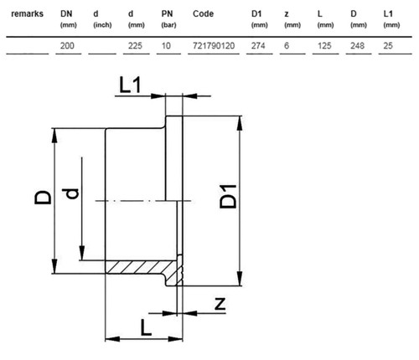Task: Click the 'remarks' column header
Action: click(27, 13)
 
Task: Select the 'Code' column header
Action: click(203, 13)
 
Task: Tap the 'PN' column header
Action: click(167, 13)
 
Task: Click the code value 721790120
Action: click(214, 45)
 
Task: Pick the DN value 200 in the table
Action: click(67, 45)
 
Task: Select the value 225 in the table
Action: click(135, 45)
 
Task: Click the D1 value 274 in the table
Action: click(258, 45)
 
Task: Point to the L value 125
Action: click(324, 45)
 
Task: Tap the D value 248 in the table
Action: click(358, 45)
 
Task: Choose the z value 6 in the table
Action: click(287, 45)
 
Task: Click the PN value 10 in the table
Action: click(166, 45)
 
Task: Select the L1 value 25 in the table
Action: click(388, 45)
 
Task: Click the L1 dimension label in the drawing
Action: click(130, 85)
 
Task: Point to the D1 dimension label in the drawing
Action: click(228, 197)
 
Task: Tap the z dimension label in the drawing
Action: click(220, 304)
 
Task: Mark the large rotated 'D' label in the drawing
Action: click(43, 198)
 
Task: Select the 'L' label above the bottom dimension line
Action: click(146, 327)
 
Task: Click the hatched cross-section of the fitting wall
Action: click(142, 267)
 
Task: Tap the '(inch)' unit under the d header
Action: click(102, 25)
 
